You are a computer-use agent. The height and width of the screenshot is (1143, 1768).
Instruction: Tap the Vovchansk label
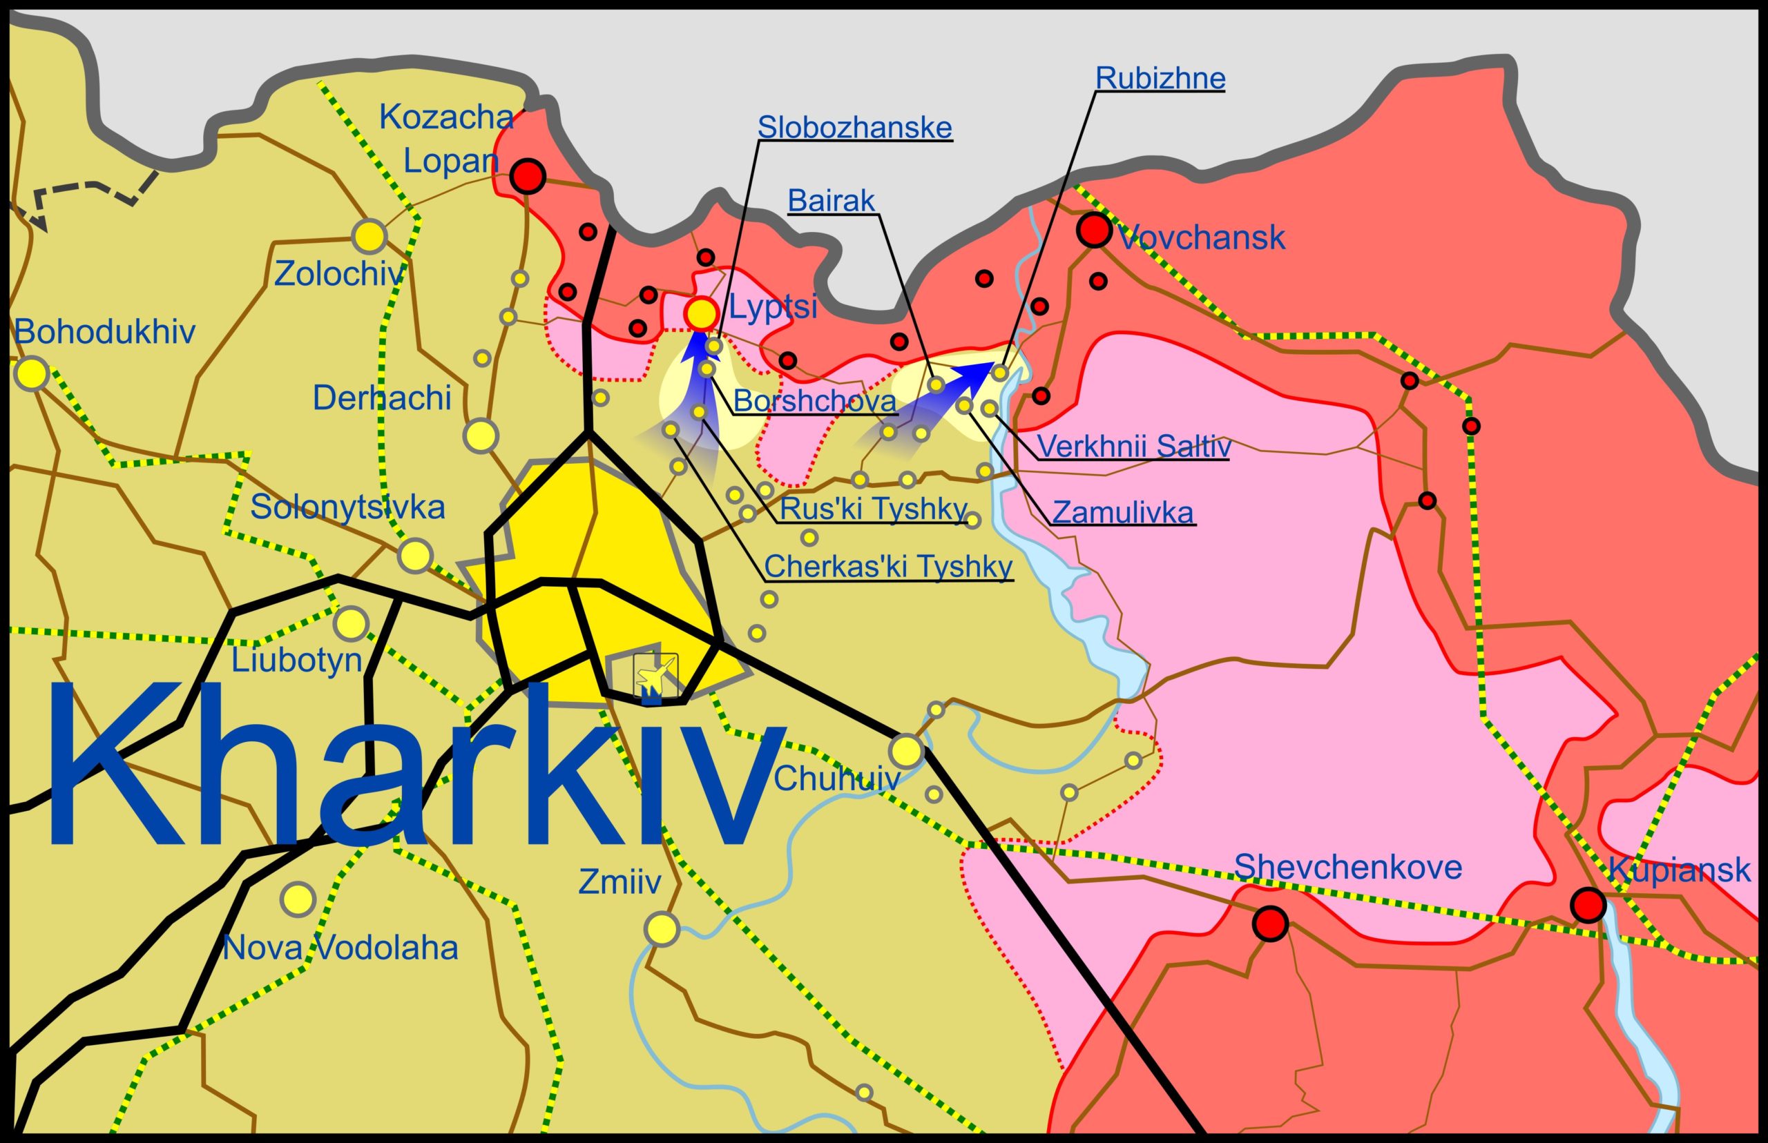(x=1202, y=238)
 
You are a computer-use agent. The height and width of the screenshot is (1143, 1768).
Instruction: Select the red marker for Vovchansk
(x=1094, y=230)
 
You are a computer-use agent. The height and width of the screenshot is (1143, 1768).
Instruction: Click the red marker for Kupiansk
(x=1588, y=906)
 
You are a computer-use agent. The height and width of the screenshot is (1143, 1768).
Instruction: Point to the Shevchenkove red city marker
(x=1270, y=924)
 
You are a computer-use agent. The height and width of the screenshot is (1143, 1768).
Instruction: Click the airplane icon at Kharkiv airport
(x=655, y=676)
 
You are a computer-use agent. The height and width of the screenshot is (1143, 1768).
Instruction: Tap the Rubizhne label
(x=1160, y=79)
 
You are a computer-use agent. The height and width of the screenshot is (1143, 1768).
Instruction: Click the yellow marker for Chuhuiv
(x=907, y=751)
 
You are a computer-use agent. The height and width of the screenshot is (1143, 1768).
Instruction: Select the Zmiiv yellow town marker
(x=661, y=928)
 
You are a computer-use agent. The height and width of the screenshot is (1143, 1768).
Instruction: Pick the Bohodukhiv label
(x=105, y=332)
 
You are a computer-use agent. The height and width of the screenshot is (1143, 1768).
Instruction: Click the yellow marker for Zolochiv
(x=369, y=236)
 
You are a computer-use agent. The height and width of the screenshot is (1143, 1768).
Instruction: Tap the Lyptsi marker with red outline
(x=700, y=313)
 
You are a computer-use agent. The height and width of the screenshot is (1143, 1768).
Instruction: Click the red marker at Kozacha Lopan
(x=527, y=177)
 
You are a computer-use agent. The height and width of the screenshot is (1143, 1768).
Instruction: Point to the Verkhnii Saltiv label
(x=1133, y=447)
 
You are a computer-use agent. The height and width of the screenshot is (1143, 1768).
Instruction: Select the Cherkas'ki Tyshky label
(x=888, y=567)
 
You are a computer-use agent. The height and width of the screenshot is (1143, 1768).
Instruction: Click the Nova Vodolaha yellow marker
(x=298, y=899)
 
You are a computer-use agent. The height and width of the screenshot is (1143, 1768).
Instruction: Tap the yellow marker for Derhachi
(x=481, y=435)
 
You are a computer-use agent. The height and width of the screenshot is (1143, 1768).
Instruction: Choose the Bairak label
(x=831, y=200)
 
